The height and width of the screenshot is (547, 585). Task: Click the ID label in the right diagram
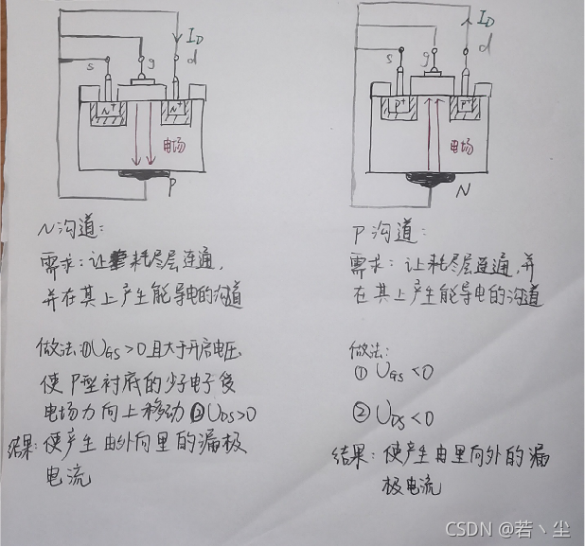[485, 19]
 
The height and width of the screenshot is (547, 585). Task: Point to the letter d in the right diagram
[485, 45]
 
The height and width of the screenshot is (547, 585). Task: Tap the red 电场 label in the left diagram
[174, 147]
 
